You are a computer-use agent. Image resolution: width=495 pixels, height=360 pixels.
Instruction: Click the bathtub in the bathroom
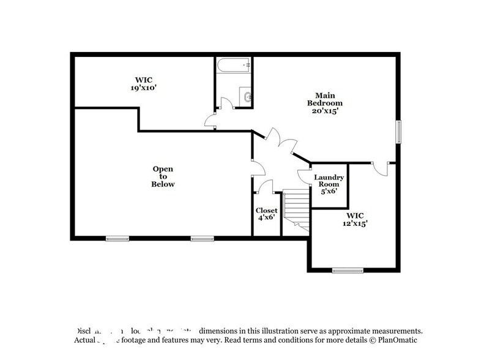click(234, 64)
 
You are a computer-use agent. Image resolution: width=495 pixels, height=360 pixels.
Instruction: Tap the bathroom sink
click(245, 97)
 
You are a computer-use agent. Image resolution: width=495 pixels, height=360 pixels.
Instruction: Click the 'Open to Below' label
click(163, 176)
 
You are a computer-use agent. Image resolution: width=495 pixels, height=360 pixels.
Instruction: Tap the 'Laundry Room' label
click(329, 181)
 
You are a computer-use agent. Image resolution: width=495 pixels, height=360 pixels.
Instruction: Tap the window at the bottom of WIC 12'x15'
click(348, 270)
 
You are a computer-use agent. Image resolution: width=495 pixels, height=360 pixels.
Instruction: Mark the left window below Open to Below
click(117, 239)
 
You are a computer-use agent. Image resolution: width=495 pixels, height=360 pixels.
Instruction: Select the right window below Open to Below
click(202, 239)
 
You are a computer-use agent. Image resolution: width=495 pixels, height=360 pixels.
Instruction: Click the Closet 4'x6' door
click(264, 186)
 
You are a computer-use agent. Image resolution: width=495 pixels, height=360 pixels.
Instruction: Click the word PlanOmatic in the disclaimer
click(398, 340)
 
